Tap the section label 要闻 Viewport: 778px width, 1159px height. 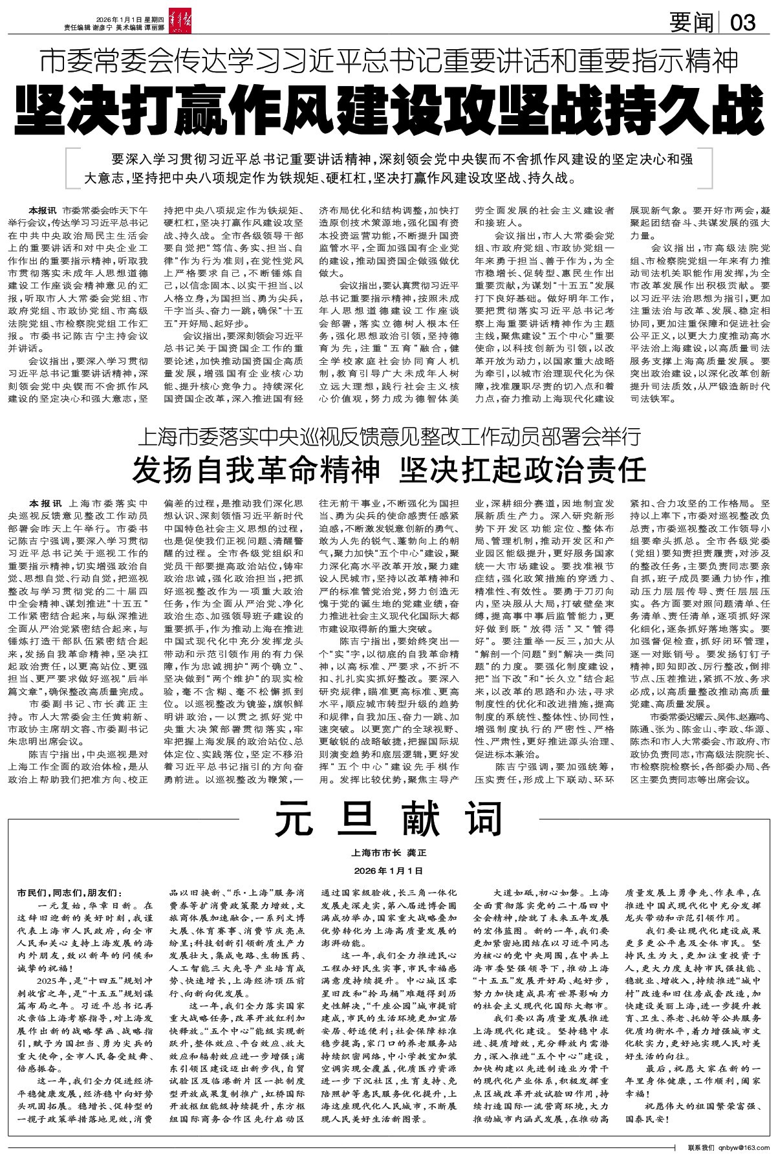click(690, 24)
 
